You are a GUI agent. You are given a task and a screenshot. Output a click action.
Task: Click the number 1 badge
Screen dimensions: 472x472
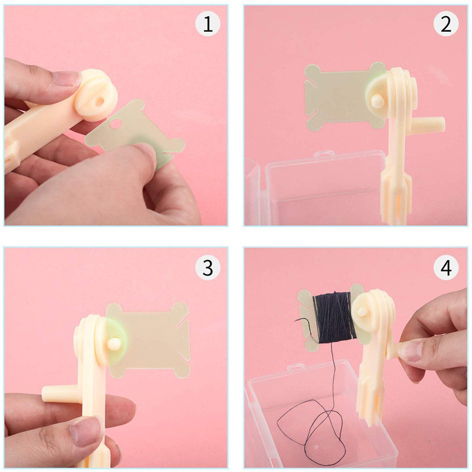tap(207, 25)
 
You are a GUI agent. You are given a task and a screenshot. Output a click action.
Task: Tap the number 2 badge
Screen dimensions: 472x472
tap(446, 25)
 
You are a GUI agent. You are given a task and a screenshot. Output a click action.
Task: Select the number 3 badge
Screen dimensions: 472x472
tap(207, 267)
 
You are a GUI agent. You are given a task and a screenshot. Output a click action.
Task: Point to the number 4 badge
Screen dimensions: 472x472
tap(446, 267)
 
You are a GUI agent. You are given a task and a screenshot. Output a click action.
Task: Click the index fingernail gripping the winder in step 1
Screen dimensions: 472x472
tap(65, 78)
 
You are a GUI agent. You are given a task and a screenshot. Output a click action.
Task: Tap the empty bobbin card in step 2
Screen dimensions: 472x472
tap(336, 94)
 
